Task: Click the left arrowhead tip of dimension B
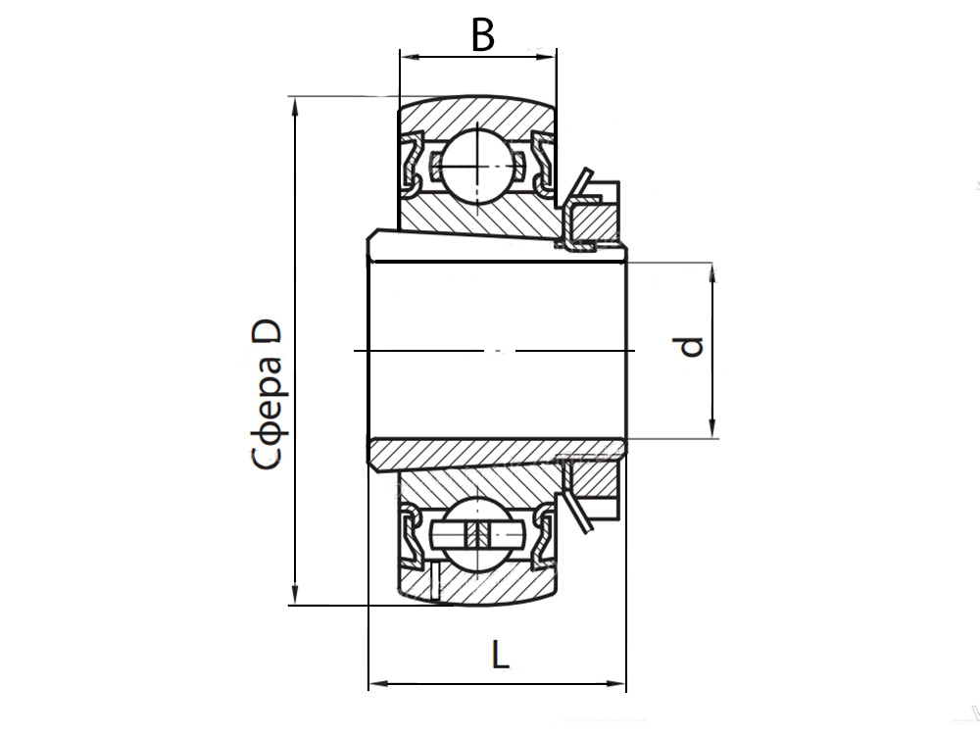(x=401, y=57)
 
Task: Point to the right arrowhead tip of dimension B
(x=556, y=57)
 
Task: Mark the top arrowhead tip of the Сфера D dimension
(x=295, y=97)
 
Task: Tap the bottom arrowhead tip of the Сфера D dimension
(x=295, y=605)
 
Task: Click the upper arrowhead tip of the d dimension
(x=712, y=264)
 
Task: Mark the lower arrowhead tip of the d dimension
(x=712, y=437)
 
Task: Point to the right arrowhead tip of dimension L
(x=625, y=684)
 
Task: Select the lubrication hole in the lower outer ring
(x=434, y=581)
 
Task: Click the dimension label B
(x=483, y=35)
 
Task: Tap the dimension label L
(x=500, y=656)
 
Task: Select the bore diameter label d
(x=691, y=347)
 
